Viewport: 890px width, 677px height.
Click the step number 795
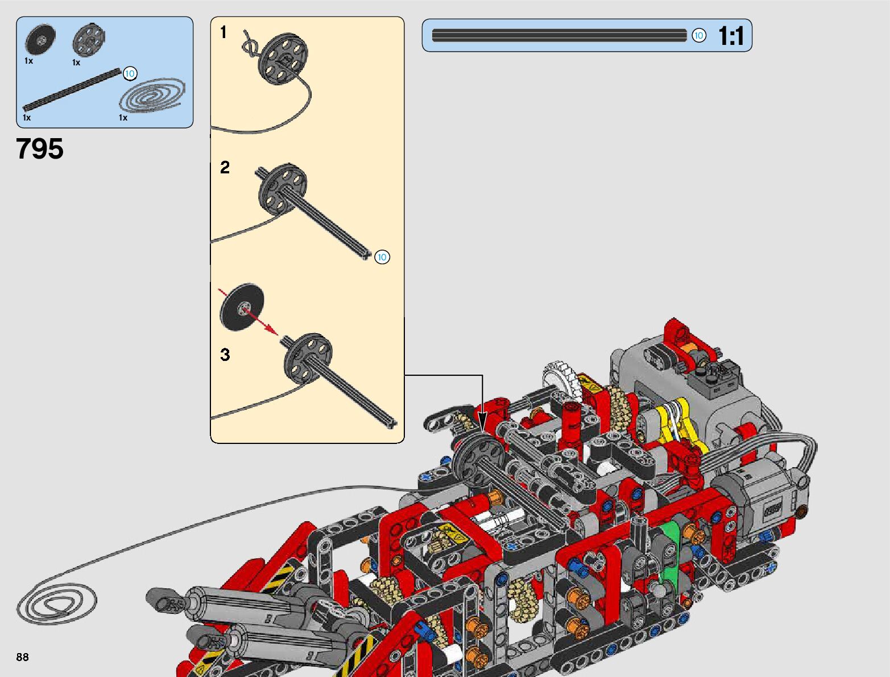click(40, 149)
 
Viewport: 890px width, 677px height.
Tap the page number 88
click(22, 657)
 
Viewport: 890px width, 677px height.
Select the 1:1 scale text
click(731, 36)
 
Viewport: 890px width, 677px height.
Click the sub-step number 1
click(223, 32)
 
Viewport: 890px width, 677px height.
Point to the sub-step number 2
click(225, 167)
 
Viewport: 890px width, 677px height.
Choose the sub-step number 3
click(225, 355)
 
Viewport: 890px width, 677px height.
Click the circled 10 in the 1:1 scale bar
click(698, 36)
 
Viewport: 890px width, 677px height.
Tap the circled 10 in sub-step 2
click(382, 257)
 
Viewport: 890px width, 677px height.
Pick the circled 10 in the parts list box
click(130, 74)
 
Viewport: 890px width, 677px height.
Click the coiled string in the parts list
click(152, 96)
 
